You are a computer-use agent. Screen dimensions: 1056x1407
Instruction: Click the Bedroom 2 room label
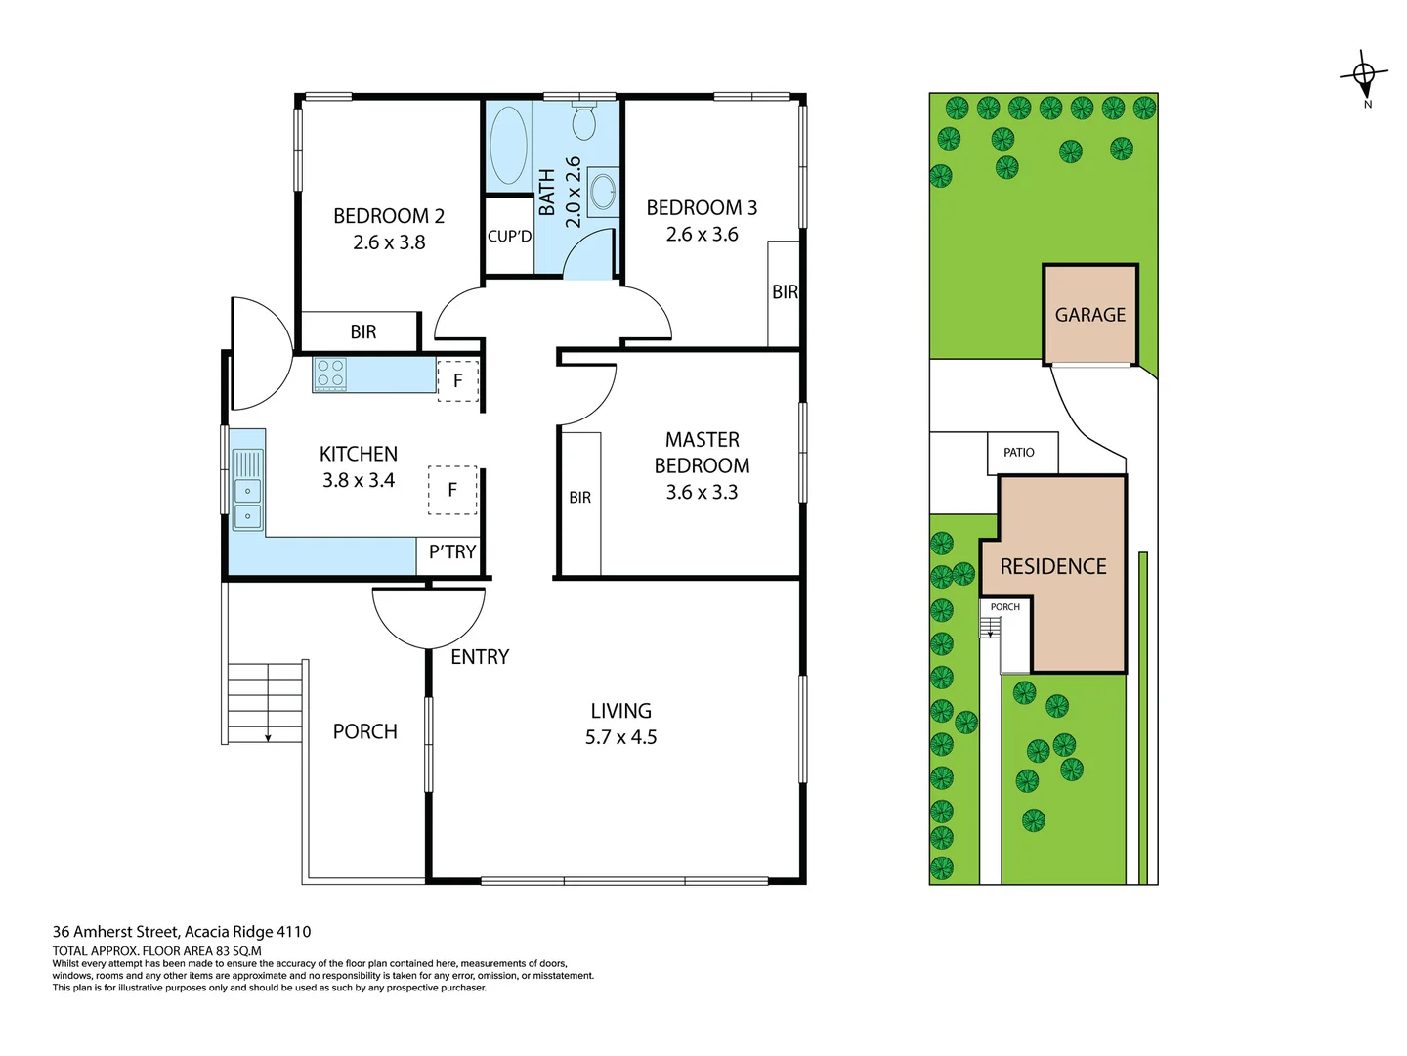click(x=389, y=216)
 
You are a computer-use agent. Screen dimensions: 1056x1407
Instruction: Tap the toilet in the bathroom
click(x=584, y=121)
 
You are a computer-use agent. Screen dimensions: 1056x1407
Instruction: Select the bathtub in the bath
click(x=508, y=146)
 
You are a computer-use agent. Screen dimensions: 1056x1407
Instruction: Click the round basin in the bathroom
click(x=603, y=192)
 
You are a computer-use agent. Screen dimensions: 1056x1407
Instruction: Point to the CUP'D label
click(x=509, y=237)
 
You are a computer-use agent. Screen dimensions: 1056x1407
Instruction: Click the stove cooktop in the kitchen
click(x=329, y=374)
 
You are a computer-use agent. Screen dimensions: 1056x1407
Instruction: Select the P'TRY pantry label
click(x=452, y=552)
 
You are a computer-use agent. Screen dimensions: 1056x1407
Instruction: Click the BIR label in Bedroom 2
click(x=363, y=332)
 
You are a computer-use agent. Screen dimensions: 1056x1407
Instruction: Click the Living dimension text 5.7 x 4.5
click(x=620, y=737)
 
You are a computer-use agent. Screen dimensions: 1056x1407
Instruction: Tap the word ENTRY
click(x=480, y=657)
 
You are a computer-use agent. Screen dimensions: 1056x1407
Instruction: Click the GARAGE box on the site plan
click(x=1089, y=315)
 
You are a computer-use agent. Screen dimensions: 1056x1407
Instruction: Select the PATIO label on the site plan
click(x=1018, y=453)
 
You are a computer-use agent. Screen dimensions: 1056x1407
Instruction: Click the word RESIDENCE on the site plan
click(x=1053, y=567)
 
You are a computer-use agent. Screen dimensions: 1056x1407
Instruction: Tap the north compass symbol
click(x=1364, y=75)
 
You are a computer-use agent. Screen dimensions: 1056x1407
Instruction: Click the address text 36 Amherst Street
click(x=182, y=932)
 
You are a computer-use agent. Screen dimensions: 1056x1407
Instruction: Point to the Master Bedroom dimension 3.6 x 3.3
click(x=702, y=493)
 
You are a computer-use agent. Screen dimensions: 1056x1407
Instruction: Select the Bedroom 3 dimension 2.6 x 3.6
click(x=702, y=235)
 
